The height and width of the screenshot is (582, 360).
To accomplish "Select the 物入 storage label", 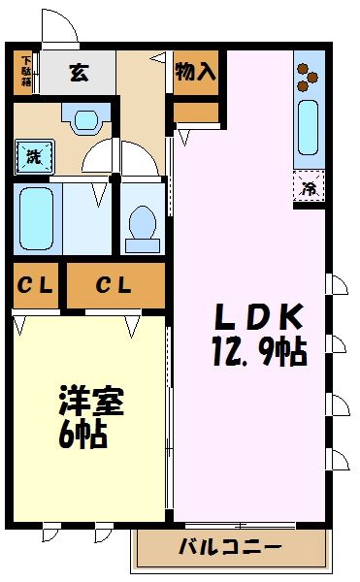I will pos(195,71).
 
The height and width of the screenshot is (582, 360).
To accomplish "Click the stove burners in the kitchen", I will pos(309,76).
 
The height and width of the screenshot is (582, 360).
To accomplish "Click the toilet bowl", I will pos(143,224).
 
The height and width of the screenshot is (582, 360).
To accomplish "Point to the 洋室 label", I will pos(82,401).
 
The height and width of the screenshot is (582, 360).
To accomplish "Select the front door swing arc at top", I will pos(60,27).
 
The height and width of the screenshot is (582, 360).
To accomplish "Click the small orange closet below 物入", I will pos(195,113).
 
